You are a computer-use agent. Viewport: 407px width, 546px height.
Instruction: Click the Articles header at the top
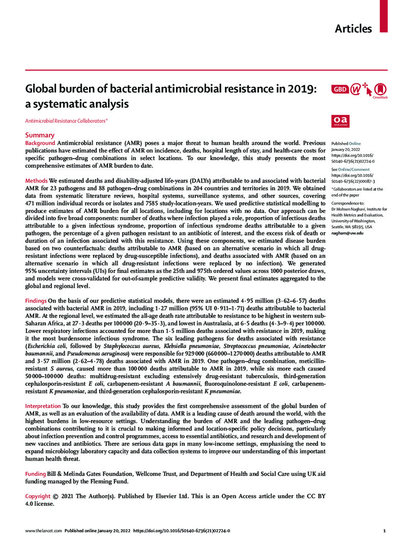(353, 28)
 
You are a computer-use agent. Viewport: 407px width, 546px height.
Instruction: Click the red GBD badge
(339, 89)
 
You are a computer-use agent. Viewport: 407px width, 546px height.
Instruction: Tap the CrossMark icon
(380, 89)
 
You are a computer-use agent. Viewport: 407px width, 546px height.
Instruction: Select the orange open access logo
(339, 120)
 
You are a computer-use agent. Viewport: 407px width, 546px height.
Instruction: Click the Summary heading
(40, 135)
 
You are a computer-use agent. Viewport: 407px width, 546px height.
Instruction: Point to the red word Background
(40, 144)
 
